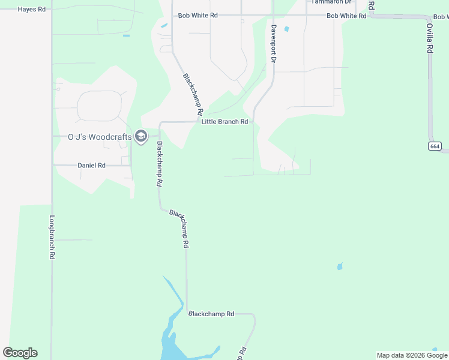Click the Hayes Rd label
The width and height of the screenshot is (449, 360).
point(31,10)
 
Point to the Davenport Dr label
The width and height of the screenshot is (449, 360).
point(273,44)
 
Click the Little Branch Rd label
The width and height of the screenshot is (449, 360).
point(224,122)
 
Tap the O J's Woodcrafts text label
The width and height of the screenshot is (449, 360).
point(99,137)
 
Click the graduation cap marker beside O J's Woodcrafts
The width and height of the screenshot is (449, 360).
point(141,137)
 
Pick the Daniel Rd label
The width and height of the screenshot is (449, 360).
point(91,165)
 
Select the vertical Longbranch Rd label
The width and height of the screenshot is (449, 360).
point(52,237)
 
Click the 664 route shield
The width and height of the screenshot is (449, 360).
point(435,146)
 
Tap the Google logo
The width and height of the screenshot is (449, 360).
point(20,353)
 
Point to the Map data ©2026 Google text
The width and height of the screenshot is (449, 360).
point(412,355)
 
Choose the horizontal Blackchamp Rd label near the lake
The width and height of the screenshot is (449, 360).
point(211,314)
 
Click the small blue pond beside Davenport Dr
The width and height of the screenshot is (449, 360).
point(286,29)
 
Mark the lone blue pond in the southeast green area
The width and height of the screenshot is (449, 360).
point(340,266)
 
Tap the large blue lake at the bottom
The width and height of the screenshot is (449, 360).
point(171,342)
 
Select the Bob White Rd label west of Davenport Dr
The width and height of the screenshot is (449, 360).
point(197,15)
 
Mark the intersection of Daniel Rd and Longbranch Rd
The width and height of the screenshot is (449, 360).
point(52,165)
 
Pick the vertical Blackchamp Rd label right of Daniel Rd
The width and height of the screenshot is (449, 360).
point(159,164)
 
